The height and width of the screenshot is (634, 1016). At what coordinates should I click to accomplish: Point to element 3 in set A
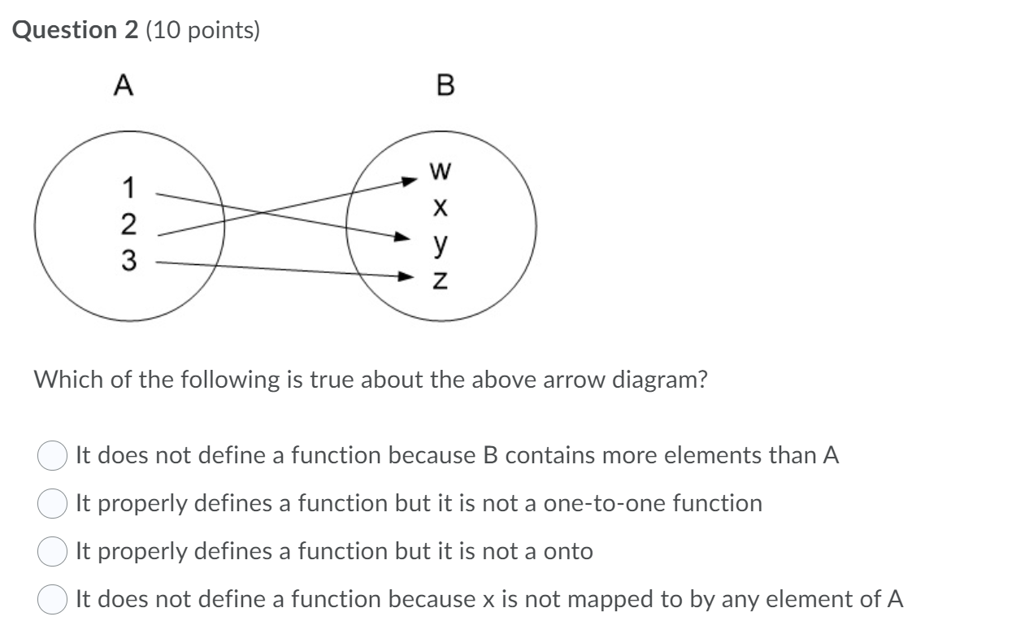127,261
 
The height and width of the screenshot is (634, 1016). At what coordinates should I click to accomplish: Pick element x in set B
440,208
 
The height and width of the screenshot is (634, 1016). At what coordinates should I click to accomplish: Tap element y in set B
440,243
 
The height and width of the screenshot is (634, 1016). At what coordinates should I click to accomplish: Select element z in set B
440,279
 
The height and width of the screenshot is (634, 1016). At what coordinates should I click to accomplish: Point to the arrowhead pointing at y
401,237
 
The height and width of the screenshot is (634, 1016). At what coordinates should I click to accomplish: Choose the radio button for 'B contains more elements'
51,456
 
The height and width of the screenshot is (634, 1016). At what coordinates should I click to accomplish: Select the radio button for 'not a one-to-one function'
51,504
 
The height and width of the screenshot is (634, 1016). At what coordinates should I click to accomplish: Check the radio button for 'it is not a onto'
51,552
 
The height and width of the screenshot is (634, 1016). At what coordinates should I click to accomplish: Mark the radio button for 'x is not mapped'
51,600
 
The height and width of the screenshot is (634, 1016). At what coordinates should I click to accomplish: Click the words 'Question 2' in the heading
76,30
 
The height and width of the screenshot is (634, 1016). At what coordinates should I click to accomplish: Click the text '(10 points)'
202,30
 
